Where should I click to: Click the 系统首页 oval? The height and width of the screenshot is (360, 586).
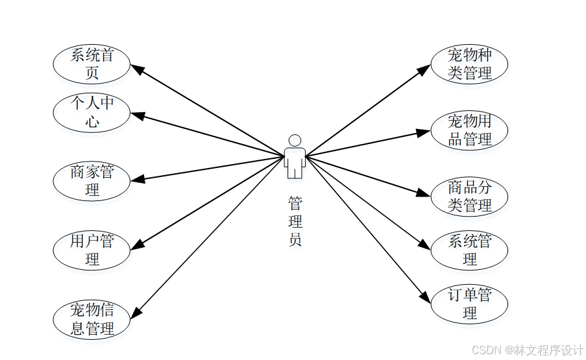[x=92, y=64]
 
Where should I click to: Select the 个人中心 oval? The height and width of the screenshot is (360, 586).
[x=92, y=112]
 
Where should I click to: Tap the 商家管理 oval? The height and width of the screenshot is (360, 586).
[x=92, y=181]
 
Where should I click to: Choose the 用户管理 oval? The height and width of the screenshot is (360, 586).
[x=92, y=250]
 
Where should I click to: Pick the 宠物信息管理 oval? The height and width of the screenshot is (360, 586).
[x=92, y=319]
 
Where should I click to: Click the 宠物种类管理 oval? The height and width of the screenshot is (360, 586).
[x=469, y=64]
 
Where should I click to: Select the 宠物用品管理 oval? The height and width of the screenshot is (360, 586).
[x=469, y=130]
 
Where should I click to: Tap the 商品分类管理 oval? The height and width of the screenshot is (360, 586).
[x=469, y=197]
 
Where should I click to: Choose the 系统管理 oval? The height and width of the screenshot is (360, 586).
[x=469, y=250]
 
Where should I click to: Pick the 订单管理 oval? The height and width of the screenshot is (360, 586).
[x=469, y=304]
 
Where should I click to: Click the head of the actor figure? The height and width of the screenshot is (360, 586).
[x=295, y=140]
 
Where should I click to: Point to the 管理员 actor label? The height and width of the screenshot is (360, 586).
[x=295, y=222]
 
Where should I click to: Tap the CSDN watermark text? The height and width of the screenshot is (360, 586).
[x=527, y=350]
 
